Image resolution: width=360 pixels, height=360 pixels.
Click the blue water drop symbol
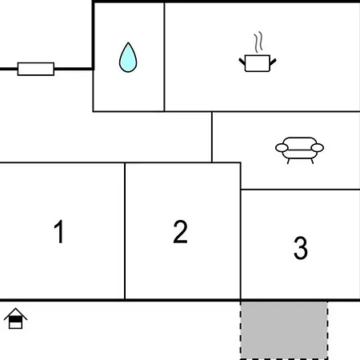[128, 58]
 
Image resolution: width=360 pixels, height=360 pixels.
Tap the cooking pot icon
[258, 63]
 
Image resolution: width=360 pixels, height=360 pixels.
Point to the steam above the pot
[258, 42]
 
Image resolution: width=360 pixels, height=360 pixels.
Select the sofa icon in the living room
[299, 150]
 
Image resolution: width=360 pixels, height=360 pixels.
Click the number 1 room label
[59, 231]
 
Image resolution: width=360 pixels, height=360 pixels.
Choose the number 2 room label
[180, 231]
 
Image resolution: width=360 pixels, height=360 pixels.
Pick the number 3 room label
[301, 248]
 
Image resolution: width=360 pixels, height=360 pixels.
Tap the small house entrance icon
[15, 318]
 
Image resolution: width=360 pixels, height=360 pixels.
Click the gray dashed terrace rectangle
[284, 330]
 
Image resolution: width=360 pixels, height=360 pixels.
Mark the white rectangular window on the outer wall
[36, 69]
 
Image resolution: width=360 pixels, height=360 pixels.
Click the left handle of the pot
[242, 62]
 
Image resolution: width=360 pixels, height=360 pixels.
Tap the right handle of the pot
[273, 62]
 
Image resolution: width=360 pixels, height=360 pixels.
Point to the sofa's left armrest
[282, 147]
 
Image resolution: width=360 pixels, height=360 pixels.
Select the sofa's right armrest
[318, 147]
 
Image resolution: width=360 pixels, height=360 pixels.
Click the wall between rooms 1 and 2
[125, 231]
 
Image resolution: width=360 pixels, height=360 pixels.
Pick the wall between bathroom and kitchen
[164, 57]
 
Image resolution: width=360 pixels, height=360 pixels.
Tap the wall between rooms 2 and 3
[241, 231]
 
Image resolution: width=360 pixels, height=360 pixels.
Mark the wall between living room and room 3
[300, 190]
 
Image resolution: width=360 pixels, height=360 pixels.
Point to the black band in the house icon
[15, 319]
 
